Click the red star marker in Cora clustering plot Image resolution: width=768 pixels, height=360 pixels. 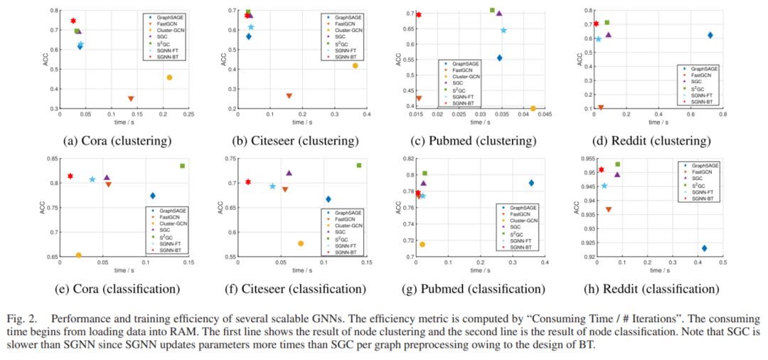pyautogui.click(x=73, y=21)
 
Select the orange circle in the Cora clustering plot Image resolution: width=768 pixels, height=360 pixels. pyautogui.click(x=169, y=77)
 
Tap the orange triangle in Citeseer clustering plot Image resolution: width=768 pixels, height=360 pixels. pyautogui.click(x=289, y=96)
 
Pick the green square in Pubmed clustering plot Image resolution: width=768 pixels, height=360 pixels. pyautogui.click(x=492, y=10)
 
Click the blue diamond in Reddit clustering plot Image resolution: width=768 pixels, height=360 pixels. pyautogui.click(x=710, y=35)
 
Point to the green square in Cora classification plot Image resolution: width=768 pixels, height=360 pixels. pyautogui.click(x=183, y=166)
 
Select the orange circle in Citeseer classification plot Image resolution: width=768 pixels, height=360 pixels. pyautogui.click(x=301, y=243)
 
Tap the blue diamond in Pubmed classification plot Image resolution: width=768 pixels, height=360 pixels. pyautogui.click(x=531, y=183)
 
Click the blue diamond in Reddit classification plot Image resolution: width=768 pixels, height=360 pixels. pyautogui.click(x=704, y=248)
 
